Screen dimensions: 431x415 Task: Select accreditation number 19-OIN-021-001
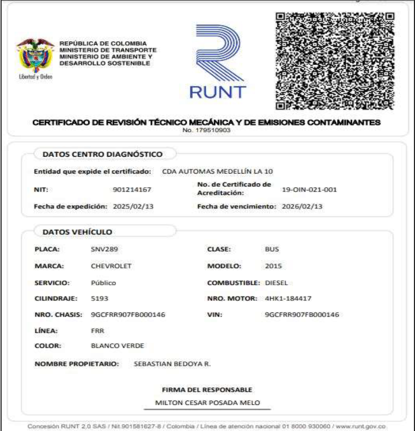point(310,189)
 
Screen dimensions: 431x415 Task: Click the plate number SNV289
point(105,249)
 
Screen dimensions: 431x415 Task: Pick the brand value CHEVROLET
point(112,267)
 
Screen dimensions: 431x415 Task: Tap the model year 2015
point(272,267)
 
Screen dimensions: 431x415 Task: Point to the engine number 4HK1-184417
point(288,299)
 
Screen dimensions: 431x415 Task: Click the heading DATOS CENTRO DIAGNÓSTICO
point(102,155)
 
